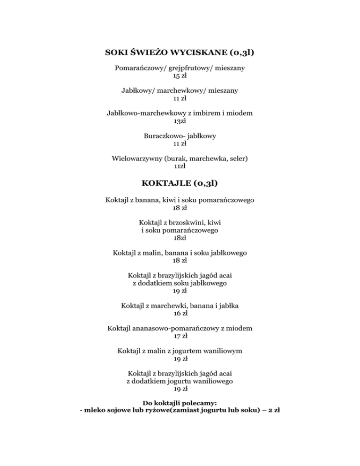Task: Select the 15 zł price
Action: (x=180, y=76)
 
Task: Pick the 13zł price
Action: (x=180, y=121)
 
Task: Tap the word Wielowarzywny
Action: (x=137, y=158)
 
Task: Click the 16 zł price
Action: (x=180, y=314)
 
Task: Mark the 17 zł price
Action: (x=180, y=336)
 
